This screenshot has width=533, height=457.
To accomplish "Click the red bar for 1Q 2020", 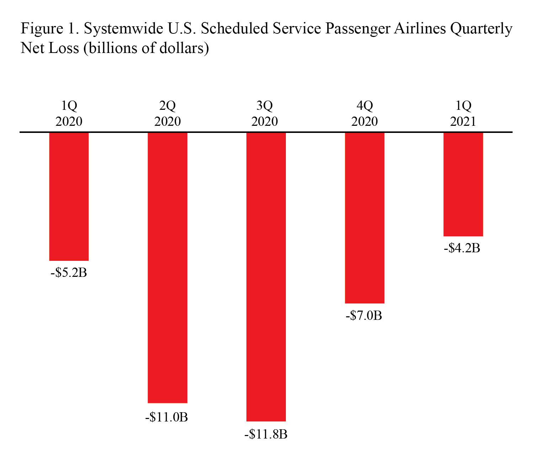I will pyautogui.click(x=69, y=197).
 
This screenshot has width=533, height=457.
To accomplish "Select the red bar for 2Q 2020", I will pyautogui.click(x=167, y=268).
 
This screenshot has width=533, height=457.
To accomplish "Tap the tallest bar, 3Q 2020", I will pyautogui.click(x=266, y=277).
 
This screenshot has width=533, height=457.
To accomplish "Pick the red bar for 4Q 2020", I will pyautogui.click(x=364, y=218).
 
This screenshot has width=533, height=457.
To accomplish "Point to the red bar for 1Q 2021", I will pyautogui.click(x=463, y=184).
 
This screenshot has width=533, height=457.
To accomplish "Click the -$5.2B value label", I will pyautogui.click(x=69, y=273).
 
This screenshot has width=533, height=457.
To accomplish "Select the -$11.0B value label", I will pyautogui.click(x=166, y=417).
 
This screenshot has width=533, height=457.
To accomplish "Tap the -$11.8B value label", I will pyautogui.click(x=266, y=434).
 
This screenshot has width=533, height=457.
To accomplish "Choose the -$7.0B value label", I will pyautogui.click(x=364, y=316).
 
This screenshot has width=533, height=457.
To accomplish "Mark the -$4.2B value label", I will pyautogui.click(x=462, y=248).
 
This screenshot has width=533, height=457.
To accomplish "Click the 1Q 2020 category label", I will pyautogui.click(x=69, y=114).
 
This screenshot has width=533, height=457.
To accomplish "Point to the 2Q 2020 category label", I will pyautogui.click(x=167, y=114).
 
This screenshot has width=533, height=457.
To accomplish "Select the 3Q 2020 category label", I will pyautogui.click(x=265, y=114).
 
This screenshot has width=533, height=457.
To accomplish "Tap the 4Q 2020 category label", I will pyautogui.click(x=364, y=114).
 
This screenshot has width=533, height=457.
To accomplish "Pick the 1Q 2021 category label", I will pyautogui.click(x=463, y=114).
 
